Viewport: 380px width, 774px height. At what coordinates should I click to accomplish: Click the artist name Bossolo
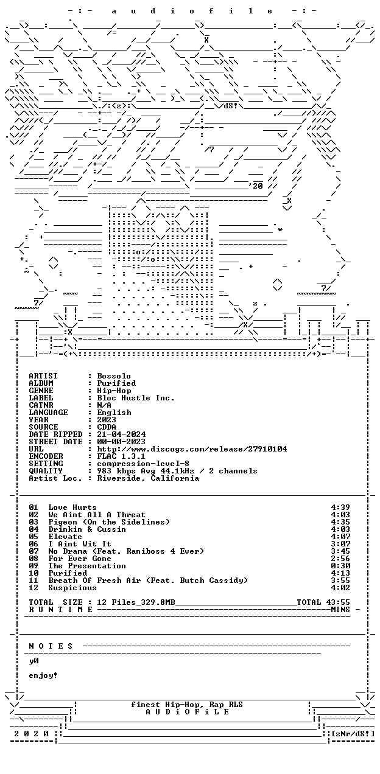[x=114, y=376]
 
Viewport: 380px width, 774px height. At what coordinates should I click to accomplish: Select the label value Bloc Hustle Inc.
[x=136, y=398]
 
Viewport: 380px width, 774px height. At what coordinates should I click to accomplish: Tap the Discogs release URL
[x=192, y=449]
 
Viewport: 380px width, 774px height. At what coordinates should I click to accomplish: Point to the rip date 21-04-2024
[x=121, y=434]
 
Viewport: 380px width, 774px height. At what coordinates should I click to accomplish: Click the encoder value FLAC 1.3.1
[x=121, y=456]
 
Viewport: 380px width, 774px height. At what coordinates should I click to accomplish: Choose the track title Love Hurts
[x=72, y=507]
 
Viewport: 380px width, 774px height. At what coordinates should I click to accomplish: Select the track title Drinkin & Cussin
[x=87, y=529]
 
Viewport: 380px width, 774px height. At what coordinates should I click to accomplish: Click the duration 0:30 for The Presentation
[x=340, y=566]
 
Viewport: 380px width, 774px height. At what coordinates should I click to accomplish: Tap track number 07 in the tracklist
[x=33, y=551]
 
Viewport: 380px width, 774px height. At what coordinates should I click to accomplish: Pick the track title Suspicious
[x=72, y=588]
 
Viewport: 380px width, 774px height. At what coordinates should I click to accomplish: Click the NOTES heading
[x=51, y=646]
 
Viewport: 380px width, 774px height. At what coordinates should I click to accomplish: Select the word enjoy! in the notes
[x=43, y=675]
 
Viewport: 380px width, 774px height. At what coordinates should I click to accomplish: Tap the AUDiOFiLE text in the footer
[x=187, y=712]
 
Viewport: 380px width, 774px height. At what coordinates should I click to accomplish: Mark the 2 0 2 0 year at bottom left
[x=32, y=734]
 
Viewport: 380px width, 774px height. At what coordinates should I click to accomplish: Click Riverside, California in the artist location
[x=148, y=478]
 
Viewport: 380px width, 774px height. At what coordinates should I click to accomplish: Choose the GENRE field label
[x=41, y=391]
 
